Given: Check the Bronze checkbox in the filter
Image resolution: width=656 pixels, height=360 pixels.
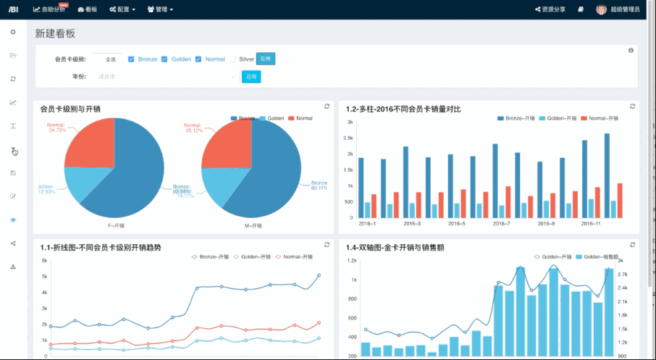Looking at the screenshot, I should [131, 59].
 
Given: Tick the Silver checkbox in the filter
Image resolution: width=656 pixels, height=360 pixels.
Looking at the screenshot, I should [233, 59].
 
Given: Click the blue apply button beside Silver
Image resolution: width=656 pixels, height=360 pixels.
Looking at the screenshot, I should [265, 59].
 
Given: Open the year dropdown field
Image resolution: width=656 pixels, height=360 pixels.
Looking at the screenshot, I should [167, 76].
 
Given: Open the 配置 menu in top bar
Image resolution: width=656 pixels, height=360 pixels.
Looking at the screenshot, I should [123, 9].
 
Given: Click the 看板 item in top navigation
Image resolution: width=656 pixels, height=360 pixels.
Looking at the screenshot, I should [87, 9].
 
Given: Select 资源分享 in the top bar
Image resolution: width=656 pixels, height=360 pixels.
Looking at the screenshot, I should [550, 9].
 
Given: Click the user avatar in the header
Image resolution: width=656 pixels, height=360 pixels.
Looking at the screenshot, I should [601, 9].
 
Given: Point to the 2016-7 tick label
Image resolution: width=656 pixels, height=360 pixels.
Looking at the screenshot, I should [502, 224].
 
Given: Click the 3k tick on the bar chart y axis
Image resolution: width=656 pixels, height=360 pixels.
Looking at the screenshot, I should [350, 122].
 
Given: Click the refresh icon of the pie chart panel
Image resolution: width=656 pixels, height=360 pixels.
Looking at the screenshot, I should [327, 106].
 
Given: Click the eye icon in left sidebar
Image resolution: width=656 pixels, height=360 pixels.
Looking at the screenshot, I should [13, 219].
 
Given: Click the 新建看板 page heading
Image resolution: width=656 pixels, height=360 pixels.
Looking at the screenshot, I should [55, 33].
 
